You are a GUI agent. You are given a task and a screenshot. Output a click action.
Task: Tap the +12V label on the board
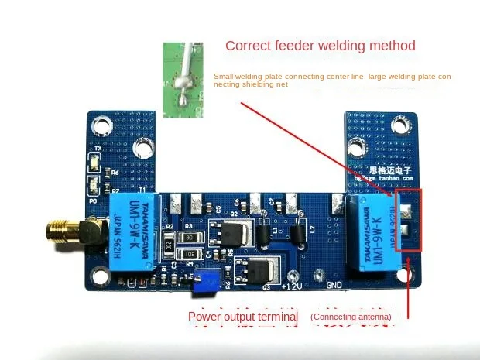294,287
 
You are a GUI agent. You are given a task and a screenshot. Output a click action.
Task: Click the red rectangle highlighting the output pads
409,221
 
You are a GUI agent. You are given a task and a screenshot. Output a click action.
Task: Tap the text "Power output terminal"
243,317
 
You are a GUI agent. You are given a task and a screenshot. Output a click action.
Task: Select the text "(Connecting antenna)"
351,317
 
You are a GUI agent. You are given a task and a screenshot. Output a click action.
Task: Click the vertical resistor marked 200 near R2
167,243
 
